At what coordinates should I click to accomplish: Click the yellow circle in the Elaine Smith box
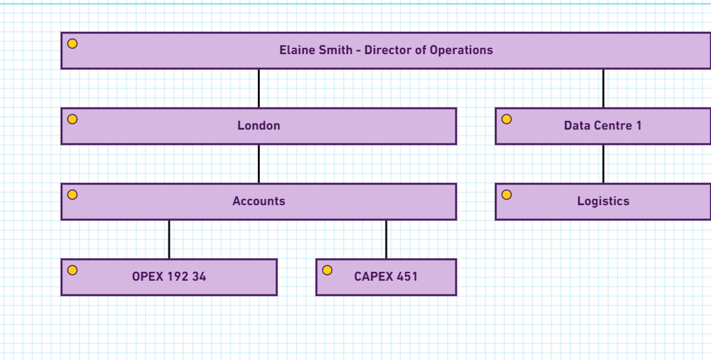(72, 44)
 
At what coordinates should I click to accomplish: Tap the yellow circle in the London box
(72, 119)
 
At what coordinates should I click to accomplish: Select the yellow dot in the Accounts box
(72, 195)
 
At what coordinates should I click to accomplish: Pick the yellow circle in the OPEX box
(72, 270)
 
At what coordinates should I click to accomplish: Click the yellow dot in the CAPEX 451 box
(327, 270)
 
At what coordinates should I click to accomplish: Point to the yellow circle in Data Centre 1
(507, 119)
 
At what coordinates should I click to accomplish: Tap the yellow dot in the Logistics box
(507, 195)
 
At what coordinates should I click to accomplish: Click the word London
(259, 126)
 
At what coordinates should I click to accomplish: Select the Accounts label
(259, 201)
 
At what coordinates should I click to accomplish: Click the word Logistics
(603, 201)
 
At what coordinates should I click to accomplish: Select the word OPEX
(148, 277)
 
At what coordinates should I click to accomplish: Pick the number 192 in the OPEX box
(178, 277)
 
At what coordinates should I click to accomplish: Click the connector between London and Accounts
(259, 164)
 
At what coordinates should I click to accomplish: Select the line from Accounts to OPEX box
(169, 239)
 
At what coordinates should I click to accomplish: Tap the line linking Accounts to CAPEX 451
(386, 239)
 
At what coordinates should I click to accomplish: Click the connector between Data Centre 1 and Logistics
(603, 164)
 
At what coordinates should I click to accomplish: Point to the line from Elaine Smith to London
(259, 88)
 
